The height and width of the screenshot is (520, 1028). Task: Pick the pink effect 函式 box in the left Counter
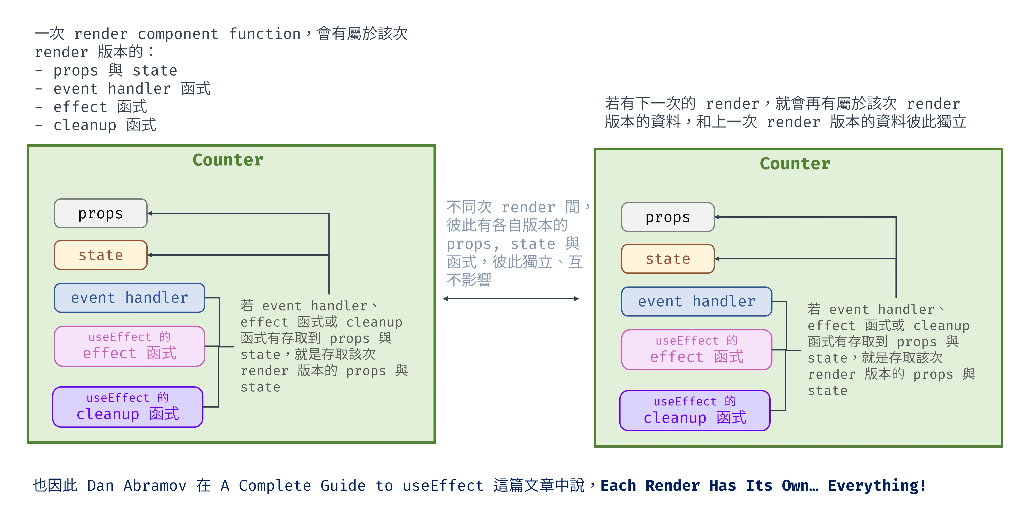(x=129, y=346)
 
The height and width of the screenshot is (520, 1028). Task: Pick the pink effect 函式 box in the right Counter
(x=696, y=350)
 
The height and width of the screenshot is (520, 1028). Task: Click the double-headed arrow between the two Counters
(x=511, y=299)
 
